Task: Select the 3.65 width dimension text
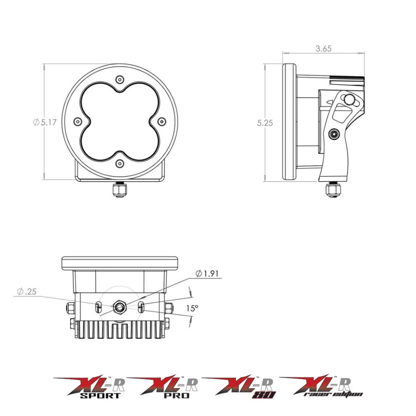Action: point(323,49)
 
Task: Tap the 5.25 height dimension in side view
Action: point(265,123)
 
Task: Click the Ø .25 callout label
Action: point(27,292)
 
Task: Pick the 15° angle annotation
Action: point(193,307)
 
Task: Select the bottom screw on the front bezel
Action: point(120,163)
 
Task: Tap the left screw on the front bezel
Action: point(78,122)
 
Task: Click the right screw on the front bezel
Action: point(162,122)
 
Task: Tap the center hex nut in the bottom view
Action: point(119,307)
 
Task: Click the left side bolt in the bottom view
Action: point(70,307)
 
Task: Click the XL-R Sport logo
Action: point(88,387)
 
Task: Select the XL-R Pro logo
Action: point(163,387)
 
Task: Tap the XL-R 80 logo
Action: point(239,387)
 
